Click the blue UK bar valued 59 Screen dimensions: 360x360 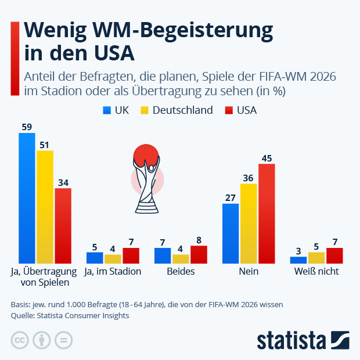coord(27,198)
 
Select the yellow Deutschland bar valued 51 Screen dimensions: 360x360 coord(45,207)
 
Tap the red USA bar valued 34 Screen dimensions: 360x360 coord(63,226)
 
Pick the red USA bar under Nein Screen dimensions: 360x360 coord(267,214)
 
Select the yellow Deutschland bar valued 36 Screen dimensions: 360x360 coord(249,224)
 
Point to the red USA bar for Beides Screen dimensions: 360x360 coord(199,255)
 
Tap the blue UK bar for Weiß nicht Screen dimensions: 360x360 coord(298,260)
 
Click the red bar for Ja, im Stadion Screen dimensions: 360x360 coord(131,255)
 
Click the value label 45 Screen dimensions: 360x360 coord(267,158)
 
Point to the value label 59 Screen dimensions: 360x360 coord(27,127)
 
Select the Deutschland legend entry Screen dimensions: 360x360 coord(177,110)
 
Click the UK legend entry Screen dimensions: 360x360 coord(116,110)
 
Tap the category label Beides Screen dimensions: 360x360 coord(181,271)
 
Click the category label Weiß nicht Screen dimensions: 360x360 coord(316,271)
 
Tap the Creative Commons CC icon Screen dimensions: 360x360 coord(20,340)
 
